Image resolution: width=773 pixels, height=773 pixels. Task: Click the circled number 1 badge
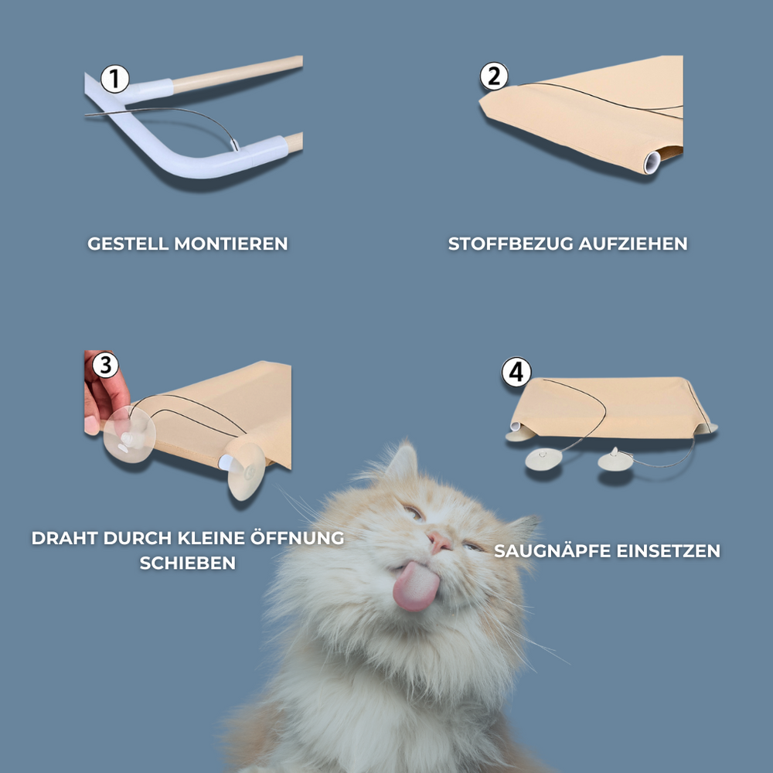tap(115, 79)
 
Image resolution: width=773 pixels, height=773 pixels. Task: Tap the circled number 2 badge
tap(494, 76)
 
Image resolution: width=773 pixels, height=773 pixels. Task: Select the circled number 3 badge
tap(105, 365)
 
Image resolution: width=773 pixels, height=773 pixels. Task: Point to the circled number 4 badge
tap(516, 373)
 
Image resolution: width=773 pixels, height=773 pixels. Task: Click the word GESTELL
tap(128, 243)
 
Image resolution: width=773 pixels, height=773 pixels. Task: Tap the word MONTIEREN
tap(230, 243)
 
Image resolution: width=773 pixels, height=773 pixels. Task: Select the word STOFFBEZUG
tap(510, 243)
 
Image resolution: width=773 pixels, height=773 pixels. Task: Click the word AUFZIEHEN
tap(633, 243)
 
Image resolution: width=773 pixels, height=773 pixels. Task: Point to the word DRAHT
tap(65, 538)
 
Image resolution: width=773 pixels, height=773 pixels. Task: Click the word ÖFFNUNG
tap(297, 537)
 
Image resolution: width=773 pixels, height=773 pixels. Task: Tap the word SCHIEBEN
tap(188, 563)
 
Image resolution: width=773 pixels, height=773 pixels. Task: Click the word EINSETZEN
tap(669, 551)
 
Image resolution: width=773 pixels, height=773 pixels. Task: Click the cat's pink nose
tap(440, 542)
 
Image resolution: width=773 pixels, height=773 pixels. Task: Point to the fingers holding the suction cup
tap(104, 394)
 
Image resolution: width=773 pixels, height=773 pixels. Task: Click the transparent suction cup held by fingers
tap(129, 434)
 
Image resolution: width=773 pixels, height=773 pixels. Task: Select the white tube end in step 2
tap(652, 162)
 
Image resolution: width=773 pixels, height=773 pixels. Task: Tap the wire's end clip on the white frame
tap(235, 145)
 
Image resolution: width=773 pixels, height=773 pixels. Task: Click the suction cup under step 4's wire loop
tap(543, 459)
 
